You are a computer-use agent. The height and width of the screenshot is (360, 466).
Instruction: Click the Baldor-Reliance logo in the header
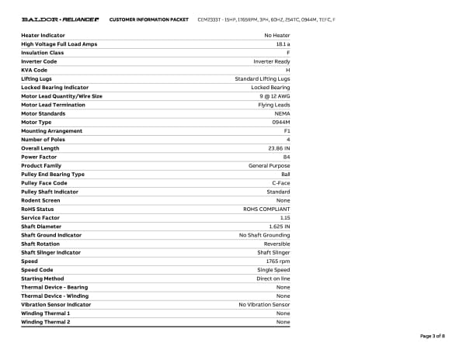(60, 19)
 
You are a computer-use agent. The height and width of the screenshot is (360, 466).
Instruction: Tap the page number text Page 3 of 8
(432, 336)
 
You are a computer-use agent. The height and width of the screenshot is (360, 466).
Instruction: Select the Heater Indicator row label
(43, 35)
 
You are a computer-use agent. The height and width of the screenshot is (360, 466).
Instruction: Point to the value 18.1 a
(282, 44)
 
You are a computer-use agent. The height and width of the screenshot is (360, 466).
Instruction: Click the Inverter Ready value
(271, 61)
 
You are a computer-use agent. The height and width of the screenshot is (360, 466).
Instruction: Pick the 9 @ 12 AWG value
(273, 96)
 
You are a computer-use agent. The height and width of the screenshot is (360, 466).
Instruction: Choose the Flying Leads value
(273, 105)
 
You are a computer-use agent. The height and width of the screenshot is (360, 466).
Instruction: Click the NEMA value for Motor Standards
(282, 113)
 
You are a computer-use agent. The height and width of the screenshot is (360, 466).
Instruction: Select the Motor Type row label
(37, 122)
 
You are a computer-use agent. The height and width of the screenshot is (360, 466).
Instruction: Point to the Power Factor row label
(39, 157)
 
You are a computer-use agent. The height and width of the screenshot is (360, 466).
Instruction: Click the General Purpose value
(269, 165)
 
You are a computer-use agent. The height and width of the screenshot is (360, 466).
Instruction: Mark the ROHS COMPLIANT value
(266, 209)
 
